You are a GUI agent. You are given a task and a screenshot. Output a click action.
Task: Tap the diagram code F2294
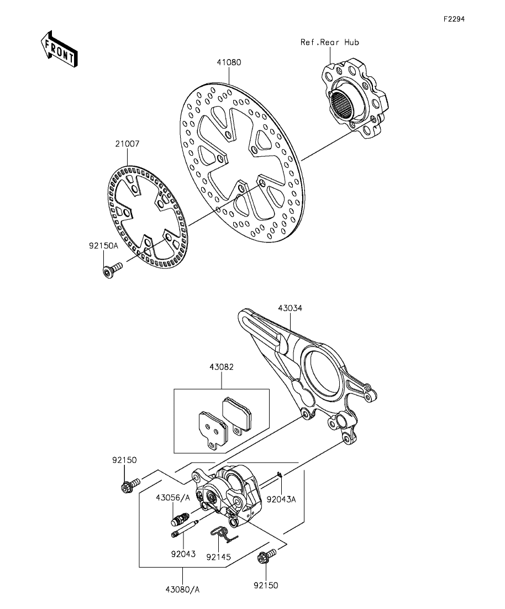[454, 19]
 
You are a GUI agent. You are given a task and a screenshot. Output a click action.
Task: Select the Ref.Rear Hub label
[325, 42]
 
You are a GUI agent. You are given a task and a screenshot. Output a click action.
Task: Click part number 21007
[127, 144]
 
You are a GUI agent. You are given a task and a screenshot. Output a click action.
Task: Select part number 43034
[290, 308]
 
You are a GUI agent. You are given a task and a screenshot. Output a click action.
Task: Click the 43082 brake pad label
[222, 367]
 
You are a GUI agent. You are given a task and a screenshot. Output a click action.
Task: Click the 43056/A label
[173, 497]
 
